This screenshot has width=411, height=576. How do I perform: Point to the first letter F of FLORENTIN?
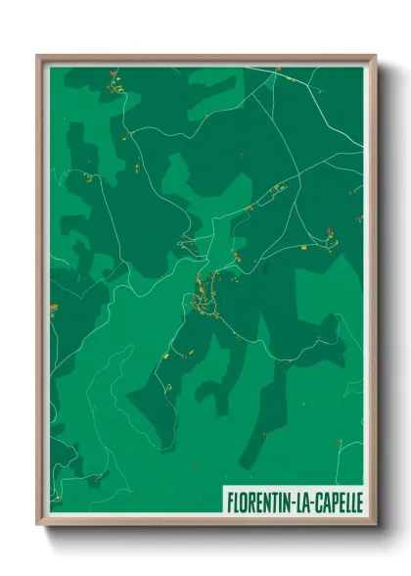tap(231, 500)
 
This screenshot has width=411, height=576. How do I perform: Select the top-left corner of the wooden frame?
tap(38, 56)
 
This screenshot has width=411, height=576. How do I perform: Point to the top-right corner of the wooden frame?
tap(376, 56)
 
